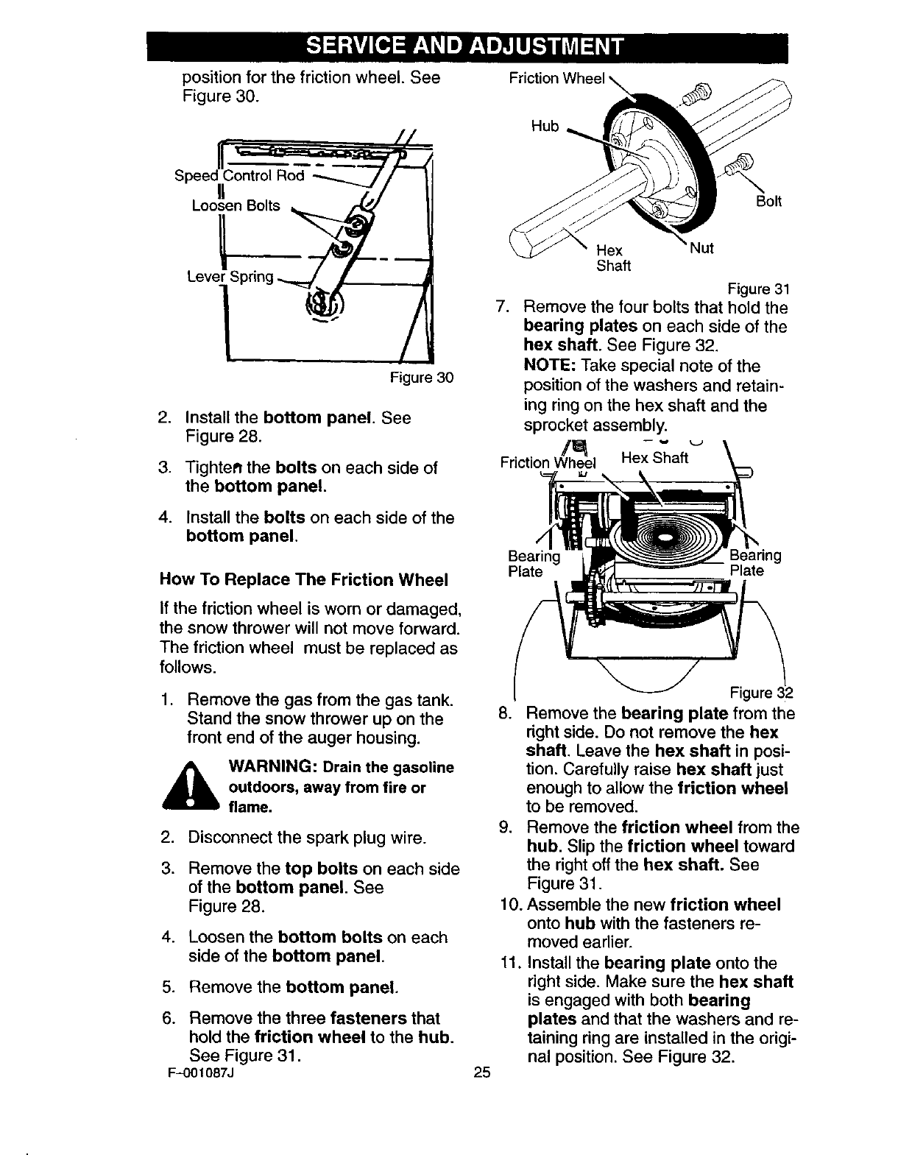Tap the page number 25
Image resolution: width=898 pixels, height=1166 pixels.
coord(482,1073)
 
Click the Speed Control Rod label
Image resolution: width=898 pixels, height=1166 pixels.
coord(239,177)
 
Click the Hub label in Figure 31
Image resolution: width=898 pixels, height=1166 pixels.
coord(545,126)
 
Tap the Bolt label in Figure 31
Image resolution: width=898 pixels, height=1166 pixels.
coord(769,201)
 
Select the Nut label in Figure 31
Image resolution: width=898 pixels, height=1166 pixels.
coord(702,248)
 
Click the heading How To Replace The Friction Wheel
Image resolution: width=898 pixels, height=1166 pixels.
coord(303,580)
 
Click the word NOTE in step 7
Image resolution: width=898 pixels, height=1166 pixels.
coord(549,366)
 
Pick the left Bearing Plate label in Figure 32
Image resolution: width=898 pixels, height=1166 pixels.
coord(534,563)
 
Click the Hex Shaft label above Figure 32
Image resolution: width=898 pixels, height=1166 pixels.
coord(654,458)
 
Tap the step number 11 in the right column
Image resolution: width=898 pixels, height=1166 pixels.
coord(509,963)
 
